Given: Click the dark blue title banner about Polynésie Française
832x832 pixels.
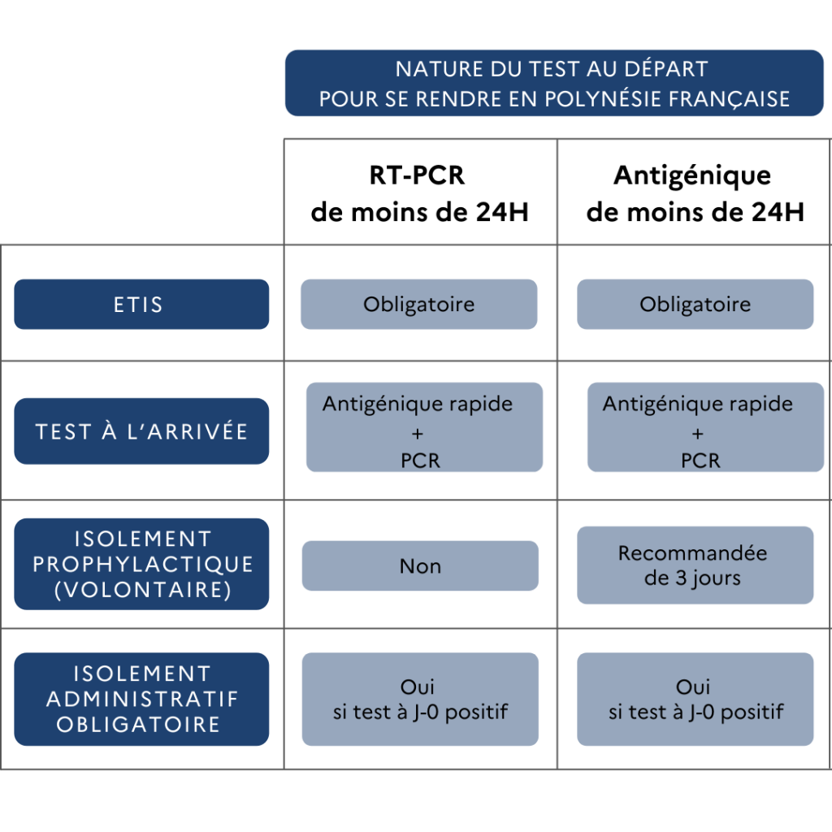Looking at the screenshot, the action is (554, 83).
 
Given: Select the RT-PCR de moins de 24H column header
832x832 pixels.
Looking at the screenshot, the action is (419, 193).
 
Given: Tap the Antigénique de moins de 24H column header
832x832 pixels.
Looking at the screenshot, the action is (695, 193).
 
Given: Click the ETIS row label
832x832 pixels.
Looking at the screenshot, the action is (141, 304).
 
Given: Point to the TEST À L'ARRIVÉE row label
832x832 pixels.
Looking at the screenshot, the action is (141, 431).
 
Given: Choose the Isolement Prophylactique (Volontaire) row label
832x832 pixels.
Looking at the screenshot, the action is (141, 564).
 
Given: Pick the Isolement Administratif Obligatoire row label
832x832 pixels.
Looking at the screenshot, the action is (141, 699).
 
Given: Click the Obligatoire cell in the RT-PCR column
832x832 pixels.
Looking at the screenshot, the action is (418, 304).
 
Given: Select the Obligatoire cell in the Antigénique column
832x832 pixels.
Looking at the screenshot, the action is (695, 304).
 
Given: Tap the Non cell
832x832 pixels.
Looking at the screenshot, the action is (420, 565).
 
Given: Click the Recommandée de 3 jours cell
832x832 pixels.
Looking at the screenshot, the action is (695, 565).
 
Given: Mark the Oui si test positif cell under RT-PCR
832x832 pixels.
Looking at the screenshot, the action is (420, 699).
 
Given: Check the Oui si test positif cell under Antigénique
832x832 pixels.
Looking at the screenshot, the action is (695, 699).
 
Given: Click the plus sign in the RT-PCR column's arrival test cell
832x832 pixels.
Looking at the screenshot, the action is (418, 434).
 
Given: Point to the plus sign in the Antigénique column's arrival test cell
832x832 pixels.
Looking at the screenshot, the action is (698, 434).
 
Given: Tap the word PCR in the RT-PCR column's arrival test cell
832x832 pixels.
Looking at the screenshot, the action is (420, 461).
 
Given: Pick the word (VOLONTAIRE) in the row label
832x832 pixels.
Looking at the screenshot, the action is (142, 590).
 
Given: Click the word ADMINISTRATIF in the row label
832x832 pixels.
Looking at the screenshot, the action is (142, 699).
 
